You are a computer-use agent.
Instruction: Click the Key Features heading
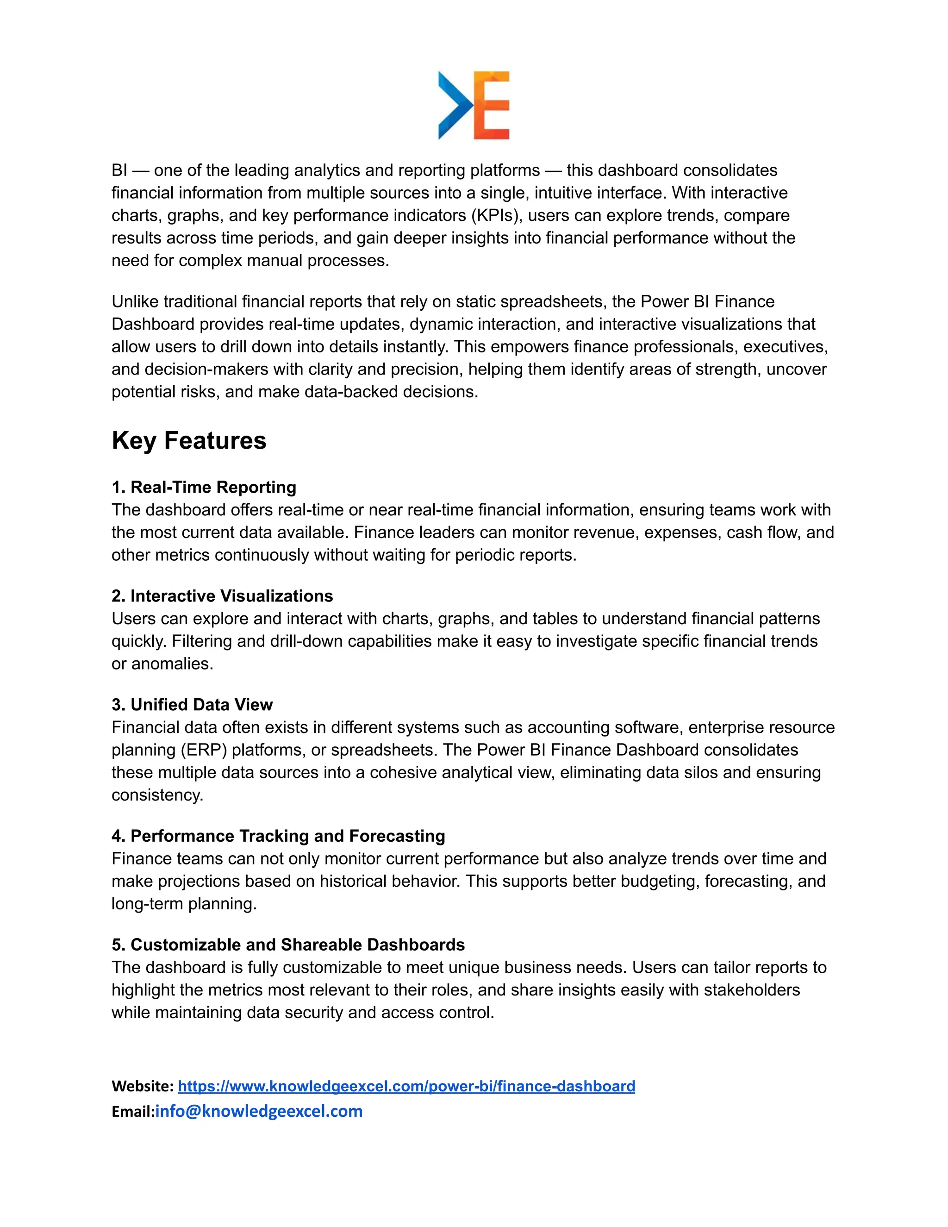[189, 440]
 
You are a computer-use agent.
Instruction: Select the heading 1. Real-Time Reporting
[204, 487]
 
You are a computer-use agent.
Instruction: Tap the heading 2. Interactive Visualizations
[222, 595]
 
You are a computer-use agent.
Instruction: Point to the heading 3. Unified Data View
[192, 705]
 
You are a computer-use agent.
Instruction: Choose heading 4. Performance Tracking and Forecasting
[278, 836]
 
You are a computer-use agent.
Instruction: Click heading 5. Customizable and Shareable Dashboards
[288, 945]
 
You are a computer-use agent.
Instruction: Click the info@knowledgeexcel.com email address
[259, 1111]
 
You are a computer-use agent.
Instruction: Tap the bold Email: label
[132, 1111]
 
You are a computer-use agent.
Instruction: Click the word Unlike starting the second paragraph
[135, 302]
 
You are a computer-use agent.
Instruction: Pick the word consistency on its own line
[157, 795]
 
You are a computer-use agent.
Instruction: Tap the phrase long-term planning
[183, 903]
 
